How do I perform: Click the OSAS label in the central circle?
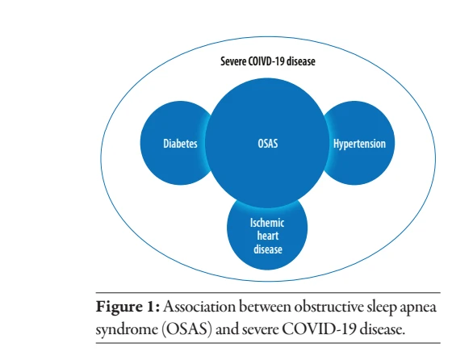[268, 144]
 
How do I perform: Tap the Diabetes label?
[181, 144]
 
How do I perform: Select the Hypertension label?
[359, 144]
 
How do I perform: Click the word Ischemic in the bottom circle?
[267, 223]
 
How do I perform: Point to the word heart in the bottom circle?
[268, 236]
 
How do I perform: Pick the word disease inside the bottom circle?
[268, 249]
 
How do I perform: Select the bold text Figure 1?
[128, 306]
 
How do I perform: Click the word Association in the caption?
[199, 306]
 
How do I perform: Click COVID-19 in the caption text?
[319, 329]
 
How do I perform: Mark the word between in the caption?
[265, 306]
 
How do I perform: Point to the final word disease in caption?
[382, 329]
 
